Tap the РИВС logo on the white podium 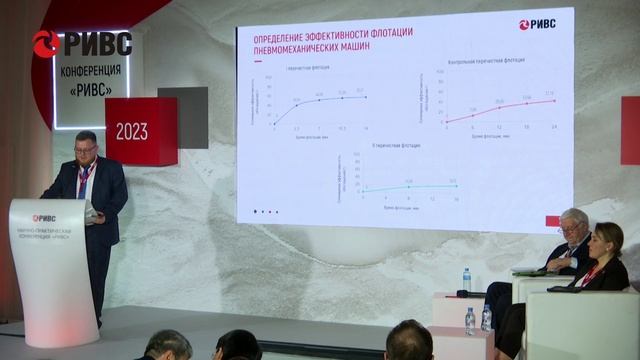44,217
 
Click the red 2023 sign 132,131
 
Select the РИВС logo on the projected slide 538,24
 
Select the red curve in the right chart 500,109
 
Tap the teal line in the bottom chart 410,186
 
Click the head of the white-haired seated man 572,223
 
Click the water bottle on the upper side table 466,279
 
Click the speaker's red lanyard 84,180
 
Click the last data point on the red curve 552,100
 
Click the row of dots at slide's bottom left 265,210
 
